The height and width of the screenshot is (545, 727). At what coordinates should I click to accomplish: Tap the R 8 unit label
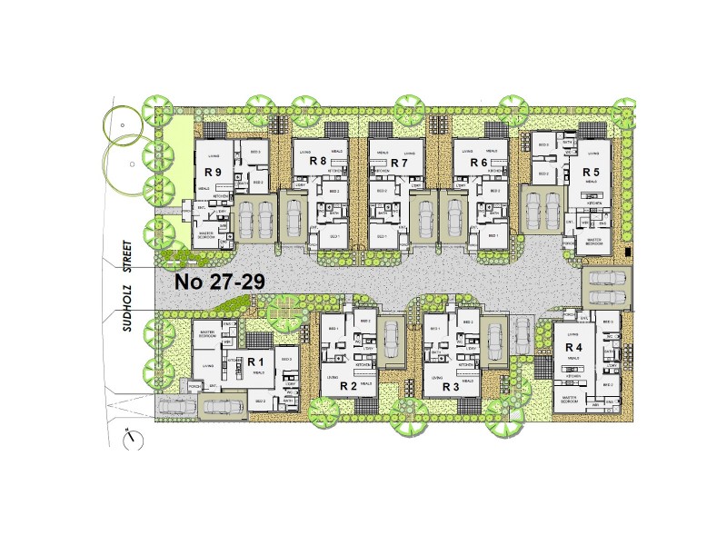point(318,162)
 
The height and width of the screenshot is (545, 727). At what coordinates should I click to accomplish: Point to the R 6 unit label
point(480,163)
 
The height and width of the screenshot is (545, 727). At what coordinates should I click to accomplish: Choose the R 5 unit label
point(592,172)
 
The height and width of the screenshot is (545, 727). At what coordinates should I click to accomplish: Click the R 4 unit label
point(573,348)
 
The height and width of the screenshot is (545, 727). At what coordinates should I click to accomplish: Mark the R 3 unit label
point(450,387)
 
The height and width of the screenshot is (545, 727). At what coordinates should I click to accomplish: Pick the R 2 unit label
point(348,387)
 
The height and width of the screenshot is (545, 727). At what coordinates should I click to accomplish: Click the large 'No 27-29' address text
point(220,282)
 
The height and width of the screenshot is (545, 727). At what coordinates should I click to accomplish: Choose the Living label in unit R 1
point(208,367)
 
